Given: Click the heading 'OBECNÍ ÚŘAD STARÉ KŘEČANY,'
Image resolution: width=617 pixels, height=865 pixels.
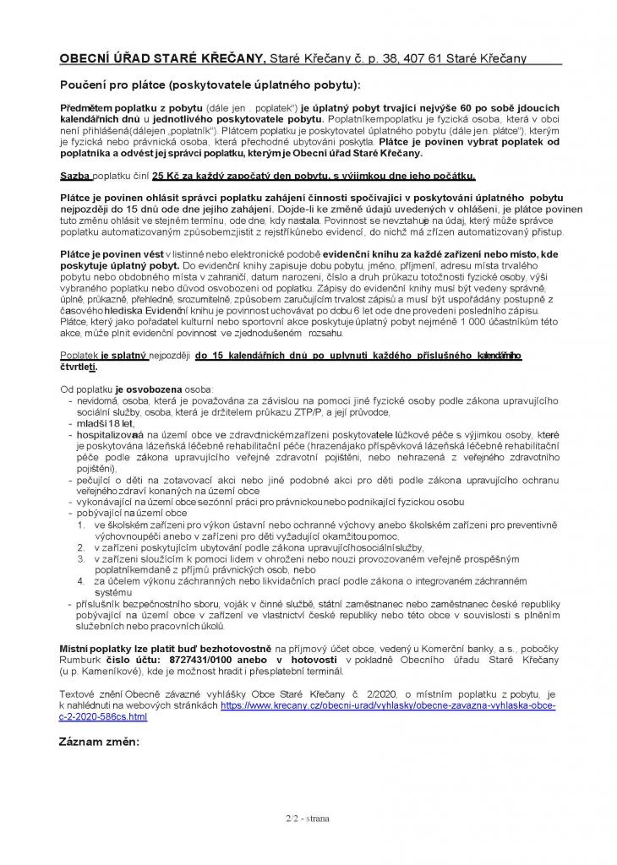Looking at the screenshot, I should coord(161,58).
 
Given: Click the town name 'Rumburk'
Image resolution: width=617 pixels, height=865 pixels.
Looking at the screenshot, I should coord(82,659).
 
